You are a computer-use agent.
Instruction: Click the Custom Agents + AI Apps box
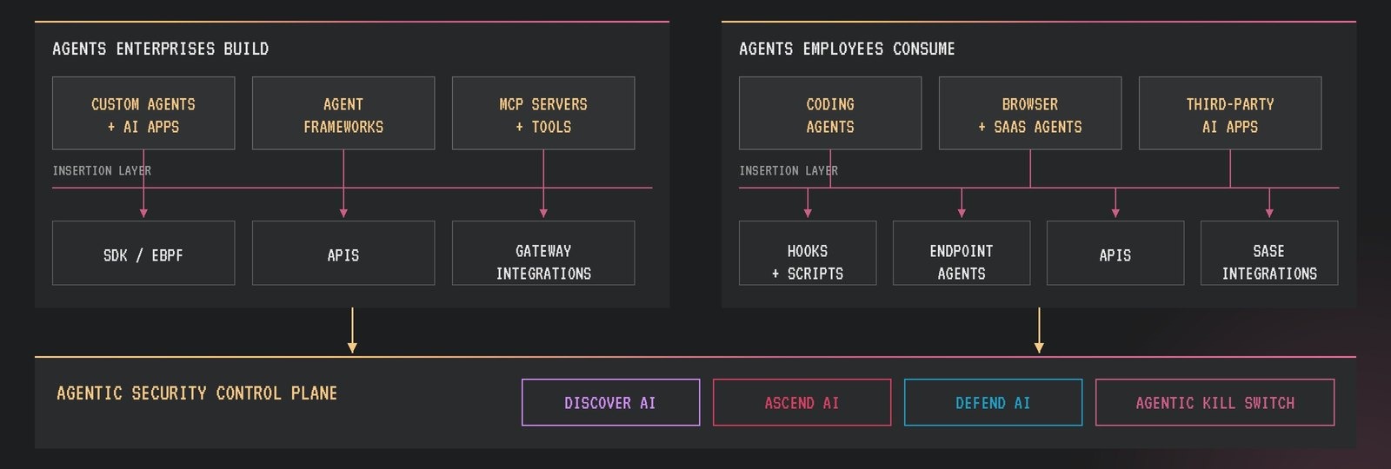[143, 113]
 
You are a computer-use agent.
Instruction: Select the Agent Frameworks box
[343, 113]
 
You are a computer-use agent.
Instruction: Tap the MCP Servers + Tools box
[543, 113]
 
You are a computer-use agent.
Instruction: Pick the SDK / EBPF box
[143, 253]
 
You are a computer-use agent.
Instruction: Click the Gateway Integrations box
[543, 253]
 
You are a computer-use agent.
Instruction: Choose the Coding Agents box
[830, 113]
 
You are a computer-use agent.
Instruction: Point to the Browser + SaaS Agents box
[1030, 113]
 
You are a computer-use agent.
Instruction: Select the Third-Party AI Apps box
[1230, 113]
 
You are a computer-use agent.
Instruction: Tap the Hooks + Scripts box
[808, 253]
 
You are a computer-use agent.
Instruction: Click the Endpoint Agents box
[962, 253]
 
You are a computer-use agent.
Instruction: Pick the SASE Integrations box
[1269, 253]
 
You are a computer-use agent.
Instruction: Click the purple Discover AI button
[610, 403]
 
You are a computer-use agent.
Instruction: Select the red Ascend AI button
[802, 403]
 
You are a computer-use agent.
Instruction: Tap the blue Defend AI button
[993, 403]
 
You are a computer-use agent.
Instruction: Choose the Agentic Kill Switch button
[1215, 403]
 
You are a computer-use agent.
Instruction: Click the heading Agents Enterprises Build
[160, 49]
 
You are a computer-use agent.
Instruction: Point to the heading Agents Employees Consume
[847, 49]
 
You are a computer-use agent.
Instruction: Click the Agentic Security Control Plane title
[196, 393]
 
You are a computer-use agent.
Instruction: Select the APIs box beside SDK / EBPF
[343, 253]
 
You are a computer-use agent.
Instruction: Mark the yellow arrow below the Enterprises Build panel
[352, 331]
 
